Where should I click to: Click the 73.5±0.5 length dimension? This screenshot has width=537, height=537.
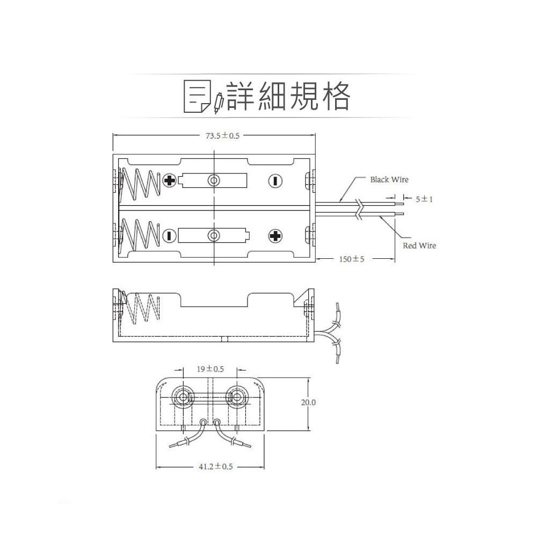[x=223, y=136]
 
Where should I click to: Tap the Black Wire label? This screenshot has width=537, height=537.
[x=389, y=179]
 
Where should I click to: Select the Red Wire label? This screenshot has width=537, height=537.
[x=419, y=245]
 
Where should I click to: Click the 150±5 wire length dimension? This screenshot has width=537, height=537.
[x=352, y=259]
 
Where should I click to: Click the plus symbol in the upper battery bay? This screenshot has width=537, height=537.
[x=170, y=180]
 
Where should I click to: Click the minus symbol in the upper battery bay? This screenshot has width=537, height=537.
[x=275, y=181]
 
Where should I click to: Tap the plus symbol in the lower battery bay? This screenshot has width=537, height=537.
[x=275, y=235]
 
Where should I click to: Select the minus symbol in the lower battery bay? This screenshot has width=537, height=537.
[x=170, y=235]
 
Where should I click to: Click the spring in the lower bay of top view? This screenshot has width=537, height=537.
[x=141, y=235]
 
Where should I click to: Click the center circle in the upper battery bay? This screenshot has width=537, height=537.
[x=214, y=180]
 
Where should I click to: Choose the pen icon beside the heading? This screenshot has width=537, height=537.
[x=217, y=102]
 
